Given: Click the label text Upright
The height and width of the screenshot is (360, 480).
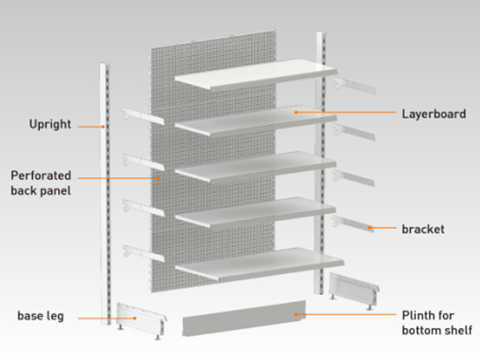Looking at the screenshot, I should click(50, 125).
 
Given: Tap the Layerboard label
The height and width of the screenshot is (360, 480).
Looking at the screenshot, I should click(433, 113).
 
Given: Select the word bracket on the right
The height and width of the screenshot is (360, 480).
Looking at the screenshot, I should click(423, 229).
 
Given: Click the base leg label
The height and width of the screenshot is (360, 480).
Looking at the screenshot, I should click(41, 316).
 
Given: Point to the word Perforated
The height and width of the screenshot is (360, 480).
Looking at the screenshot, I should click(41, 176).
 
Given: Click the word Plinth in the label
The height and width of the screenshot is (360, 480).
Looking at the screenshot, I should click(419, 316).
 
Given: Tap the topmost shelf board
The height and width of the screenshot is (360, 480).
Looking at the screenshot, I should click(254, 74).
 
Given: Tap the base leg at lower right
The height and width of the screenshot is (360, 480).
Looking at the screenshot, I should click(355, 289).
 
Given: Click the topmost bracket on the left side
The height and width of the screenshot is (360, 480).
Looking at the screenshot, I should click(143, 116).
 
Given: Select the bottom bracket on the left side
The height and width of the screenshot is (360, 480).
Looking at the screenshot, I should click(143, 253).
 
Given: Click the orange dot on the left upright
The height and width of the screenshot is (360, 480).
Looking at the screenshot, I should click(103, 126).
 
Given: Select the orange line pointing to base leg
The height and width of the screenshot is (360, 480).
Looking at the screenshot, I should click(104, 316).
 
